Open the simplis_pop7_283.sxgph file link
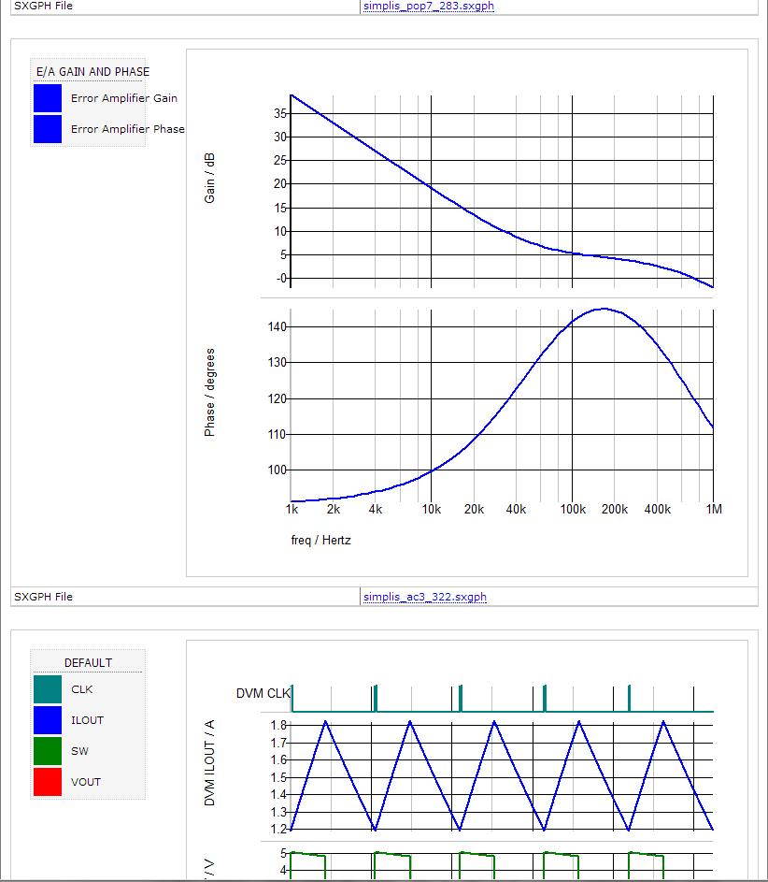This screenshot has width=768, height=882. tap(429, 7)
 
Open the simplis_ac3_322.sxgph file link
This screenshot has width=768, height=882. tap(425, 597)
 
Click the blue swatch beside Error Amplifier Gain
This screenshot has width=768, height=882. tap(48, 98)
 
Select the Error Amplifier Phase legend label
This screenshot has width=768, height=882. tap(127, 129)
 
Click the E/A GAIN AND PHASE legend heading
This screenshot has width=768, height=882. tap(92, 71)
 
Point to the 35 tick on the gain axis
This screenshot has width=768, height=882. tap(279, 113)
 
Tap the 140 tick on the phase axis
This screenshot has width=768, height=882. tap(277, 326)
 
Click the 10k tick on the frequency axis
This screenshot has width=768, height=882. tap(432, 510)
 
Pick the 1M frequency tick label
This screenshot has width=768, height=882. tap(713, 510)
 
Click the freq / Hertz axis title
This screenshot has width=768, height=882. tap(320, 540)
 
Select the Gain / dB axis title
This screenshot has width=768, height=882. tap(210, 179)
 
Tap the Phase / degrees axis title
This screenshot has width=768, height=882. tap(210, 392)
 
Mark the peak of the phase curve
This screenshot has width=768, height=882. tap(603, 309)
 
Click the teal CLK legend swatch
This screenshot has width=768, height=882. tap(48, 689)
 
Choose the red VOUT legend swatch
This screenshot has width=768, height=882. tap(48, 782)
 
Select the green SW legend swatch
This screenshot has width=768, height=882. tap(48, 751)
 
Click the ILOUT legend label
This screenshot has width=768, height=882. tap(87, 720)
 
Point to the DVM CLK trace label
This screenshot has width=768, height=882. tap(263, 693)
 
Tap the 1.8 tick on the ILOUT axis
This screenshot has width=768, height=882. tap(278, 725)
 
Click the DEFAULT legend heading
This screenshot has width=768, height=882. tap(88, 662)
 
